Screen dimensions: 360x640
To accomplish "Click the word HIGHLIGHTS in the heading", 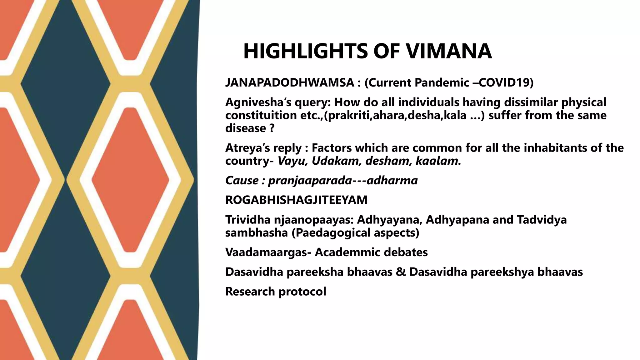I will pyautogui.click(x=305, y=51).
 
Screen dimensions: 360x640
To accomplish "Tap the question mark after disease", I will pyautogui.click(x=272, y=128).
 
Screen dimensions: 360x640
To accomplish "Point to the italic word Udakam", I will pyautogui.click(x=336, y=161).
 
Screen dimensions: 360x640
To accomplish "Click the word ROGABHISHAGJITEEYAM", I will pyautogui.click(x=296, y=200).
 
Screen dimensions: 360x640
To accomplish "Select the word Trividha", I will pyautogui.click(x=248, y=220).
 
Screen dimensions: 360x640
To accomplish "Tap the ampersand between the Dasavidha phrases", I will pyautogui.click(x=401, y=272).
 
